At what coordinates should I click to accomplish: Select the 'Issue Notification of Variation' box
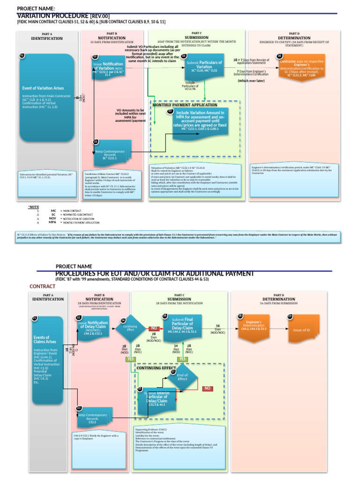[x=109, y=67]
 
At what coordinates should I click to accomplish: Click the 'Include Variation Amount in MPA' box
[x=200, y=121]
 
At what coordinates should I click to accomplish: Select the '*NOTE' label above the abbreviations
[x=34, y=207]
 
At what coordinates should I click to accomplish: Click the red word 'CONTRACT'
[x=43, y=286]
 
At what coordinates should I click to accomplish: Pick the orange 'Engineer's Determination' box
[x=254, y=326]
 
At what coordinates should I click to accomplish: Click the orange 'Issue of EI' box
[x=301, y=330]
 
